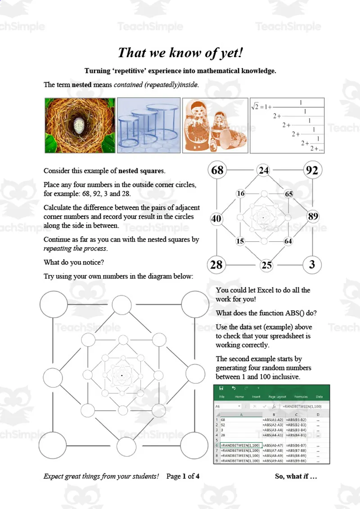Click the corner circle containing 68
coord(217,171)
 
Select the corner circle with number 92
coord(312,171)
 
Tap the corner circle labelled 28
coord(216,265)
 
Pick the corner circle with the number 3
coord(312,265)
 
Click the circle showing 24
coord(264,171)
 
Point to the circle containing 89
coord(313,216)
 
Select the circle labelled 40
coord(216,219)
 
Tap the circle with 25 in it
coord(267,266)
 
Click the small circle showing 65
coord(288,194)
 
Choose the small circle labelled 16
coord(241,194)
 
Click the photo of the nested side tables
coord(148,126)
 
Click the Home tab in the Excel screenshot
coord(239,397)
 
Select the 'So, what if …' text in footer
coord(296,476)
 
